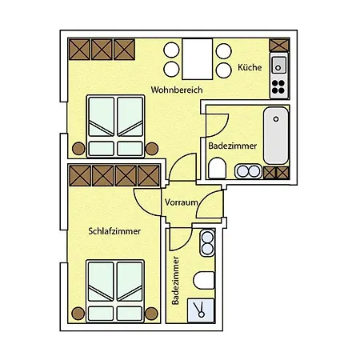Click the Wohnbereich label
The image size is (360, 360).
click(177, 90)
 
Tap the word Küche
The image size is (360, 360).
click(250, 67)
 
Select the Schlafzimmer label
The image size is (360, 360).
click(114, 231)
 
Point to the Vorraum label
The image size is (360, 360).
click(182, 202)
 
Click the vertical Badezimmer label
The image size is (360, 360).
click(175, 281)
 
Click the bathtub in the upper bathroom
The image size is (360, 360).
click(276, 136)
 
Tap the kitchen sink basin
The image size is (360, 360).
click(278, 66)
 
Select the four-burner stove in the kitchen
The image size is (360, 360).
click(278, 87)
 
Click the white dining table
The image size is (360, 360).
click(198, 59)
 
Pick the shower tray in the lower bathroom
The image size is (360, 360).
click(201, 310)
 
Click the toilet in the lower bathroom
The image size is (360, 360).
click(204, 281)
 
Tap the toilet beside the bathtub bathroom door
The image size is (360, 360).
click(217, 168)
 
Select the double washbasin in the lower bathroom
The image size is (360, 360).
click(207, 242)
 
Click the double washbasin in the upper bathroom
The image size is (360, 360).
click(248, 171)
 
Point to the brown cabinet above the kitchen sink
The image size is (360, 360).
click(279, 45)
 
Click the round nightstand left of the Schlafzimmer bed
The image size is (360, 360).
click(78, 314)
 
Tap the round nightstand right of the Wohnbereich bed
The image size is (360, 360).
click(152, 149)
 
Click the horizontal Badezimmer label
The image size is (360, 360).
click(233, 146)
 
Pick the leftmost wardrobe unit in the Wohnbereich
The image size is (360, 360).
click(79, 50)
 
